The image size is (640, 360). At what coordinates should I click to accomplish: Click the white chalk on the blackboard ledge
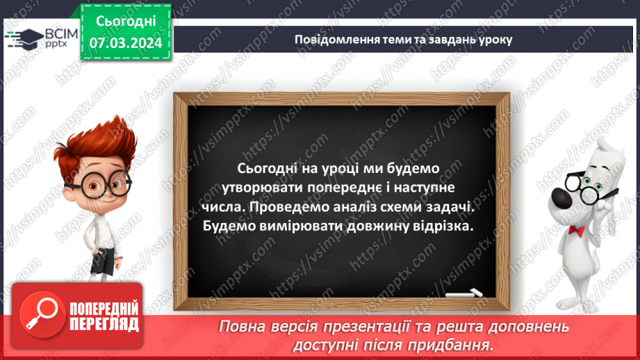463,292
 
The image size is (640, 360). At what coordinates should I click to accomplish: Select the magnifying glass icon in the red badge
39,313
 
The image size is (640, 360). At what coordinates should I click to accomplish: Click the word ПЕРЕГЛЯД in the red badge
104,324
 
